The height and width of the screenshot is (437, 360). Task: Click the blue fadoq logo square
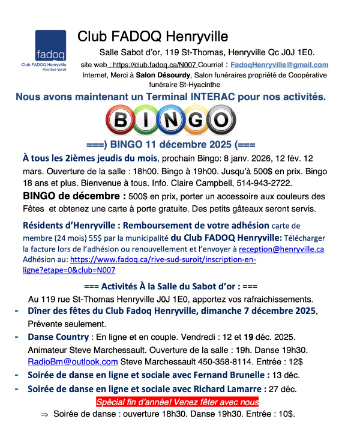50,45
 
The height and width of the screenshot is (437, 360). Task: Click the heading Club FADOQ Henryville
153,37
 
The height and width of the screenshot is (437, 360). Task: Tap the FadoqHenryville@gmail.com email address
280,65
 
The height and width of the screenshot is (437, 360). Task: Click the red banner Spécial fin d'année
178,402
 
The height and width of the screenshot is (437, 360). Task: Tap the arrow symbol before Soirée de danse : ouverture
44,415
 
